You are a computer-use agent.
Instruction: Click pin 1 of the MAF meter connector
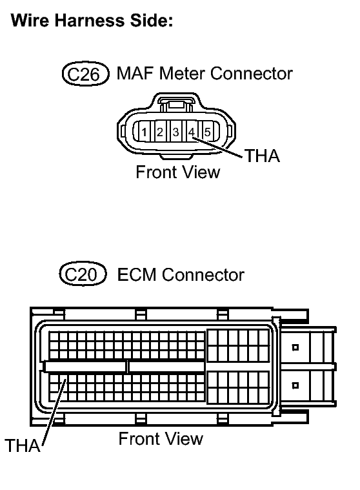[x=144, y=132]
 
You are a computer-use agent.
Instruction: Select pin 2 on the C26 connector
[x=160, y=132]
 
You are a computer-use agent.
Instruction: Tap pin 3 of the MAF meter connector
[x=175, y=132]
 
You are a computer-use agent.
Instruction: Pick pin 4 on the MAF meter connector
[x=192, y=132]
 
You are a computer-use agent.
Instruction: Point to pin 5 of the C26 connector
[x=207, y=132]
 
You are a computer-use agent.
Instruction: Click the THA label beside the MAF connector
[x=263, y=156]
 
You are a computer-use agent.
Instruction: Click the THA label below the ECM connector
[x=23, y=445]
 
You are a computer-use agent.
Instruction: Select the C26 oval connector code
[x=86, y=74]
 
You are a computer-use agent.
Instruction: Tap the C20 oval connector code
[x=83, y=274]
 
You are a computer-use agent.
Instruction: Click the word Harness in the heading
[x=89, y=21]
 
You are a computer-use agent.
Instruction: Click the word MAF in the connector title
[x=135, y=74]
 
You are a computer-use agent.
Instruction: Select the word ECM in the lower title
[x=136, y=274]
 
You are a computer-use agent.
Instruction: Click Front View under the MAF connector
[x=178, y=172]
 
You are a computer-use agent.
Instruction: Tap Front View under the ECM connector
[x=161, y=438]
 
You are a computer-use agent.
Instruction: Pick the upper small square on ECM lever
[x=295, y=347]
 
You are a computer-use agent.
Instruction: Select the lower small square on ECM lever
[x=295, y=385]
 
